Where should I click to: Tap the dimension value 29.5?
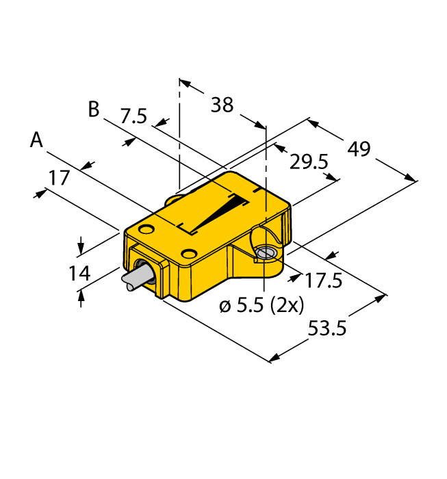[309, 161]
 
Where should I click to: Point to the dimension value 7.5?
[133, 116]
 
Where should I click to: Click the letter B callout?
[93, 109]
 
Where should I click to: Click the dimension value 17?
[60, 179]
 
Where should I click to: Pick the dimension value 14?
[79, 273]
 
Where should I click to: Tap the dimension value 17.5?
[323, 280]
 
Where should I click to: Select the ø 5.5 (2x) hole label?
[261, 306]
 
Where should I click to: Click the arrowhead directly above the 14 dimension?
[81, 247]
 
